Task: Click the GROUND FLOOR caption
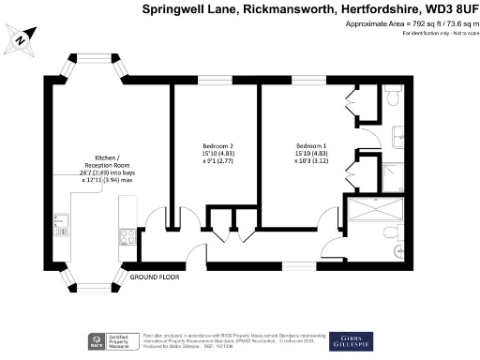tap(156, 277)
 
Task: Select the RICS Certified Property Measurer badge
tap(105, 341)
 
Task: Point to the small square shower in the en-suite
tap(395, 175)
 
